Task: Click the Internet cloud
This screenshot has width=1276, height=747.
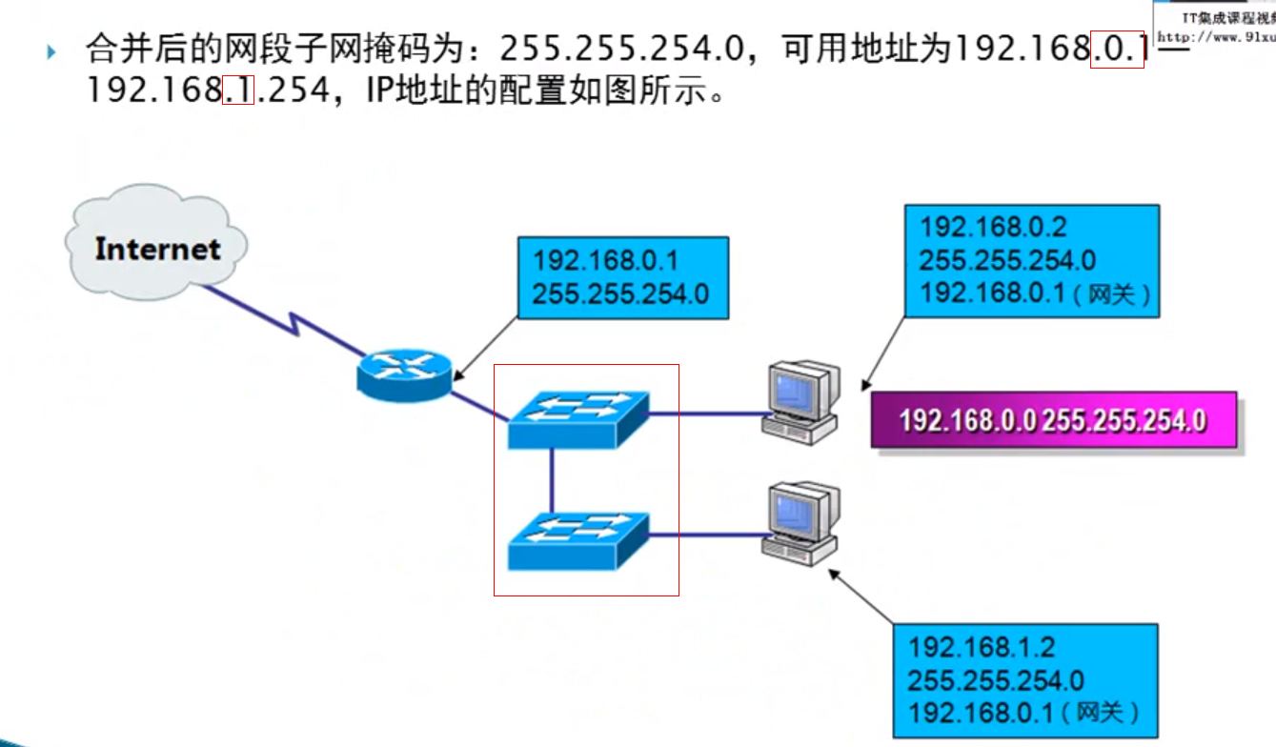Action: pos(156,246)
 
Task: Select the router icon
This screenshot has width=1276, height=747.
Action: pos(404,373)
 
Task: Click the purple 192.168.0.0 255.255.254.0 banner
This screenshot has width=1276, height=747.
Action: pos(1053,419)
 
